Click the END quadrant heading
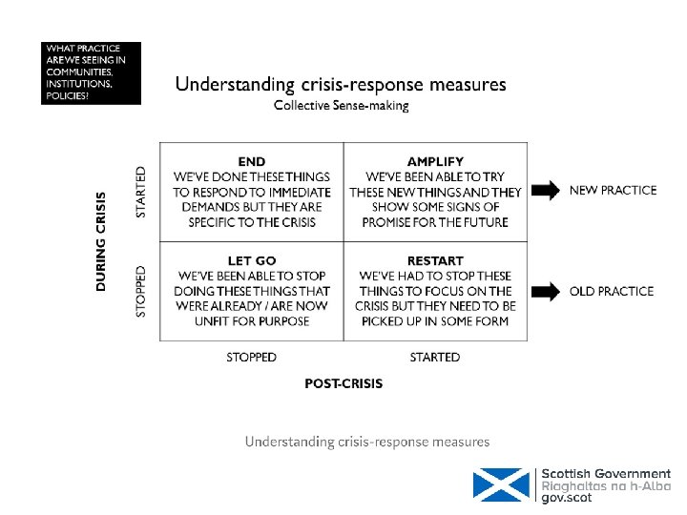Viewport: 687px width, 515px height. click(x=251, y=161)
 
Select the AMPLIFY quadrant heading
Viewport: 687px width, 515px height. click(x=435, y=161)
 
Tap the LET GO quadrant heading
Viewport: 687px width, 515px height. click(x=252, y=260)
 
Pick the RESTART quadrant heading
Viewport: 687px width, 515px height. click(x=435, y=260)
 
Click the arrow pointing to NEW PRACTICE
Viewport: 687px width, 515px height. click(x=546, y=191)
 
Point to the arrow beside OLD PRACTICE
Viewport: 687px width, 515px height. click(x=546, y=291)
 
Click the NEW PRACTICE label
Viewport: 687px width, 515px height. click(x=613, y=191)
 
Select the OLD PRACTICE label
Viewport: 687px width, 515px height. click(x=612, y=291)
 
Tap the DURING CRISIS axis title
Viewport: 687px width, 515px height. click(x=102, y=242)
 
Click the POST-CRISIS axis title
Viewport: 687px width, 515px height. click(x=343, y=383)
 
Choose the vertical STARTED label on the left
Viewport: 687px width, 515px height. click(x=142, y=192)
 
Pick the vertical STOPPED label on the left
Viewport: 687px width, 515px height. click(x=142, y=292)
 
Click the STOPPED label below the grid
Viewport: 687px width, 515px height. click(x=252, y=358)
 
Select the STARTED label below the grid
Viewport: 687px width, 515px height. click(x=435, y=358)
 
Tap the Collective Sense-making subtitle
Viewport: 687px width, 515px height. click(x=342, y=106)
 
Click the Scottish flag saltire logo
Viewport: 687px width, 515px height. click(x=501, y=484)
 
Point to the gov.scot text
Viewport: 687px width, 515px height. click(x=568, y=499)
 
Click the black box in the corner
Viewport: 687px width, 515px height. click(x=92, y=72)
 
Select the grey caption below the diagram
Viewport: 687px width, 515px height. click(x=367, y=442)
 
